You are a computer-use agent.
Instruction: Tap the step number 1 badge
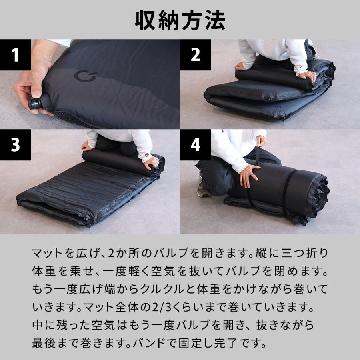(15, 55)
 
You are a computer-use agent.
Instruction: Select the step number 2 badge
(195, 55)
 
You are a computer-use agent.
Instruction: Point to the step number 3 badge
(15, 145)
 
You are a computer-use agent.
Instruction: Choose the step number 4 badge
(195, 145)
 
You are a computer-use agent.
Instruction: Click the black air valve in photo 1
(35, 104)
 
